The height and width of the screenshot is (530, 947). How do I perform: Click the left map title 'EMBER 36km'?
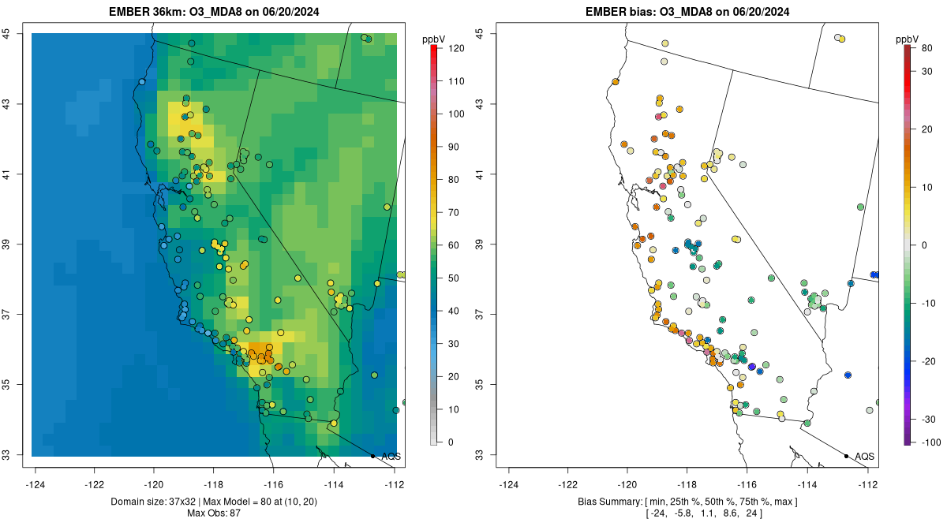[x=150, y=12]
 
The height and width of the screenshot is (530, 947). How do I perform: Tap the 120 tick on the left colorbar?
[x=456, y=48]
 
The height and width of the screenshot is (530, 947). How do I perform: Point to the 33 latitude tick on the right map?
[x=481, y=455]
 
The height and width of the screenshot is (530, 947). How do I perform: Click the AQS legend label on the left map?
[x=391, y=456]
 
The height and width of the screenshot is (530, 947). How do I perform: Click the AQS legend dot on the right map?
[x=846, y=456]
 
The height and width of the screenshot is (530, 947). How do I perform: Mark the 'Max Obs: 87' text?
[x=214, y=513]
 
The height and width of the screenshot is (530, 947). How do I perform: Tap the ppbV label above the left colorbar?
[x=434, y=38]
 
